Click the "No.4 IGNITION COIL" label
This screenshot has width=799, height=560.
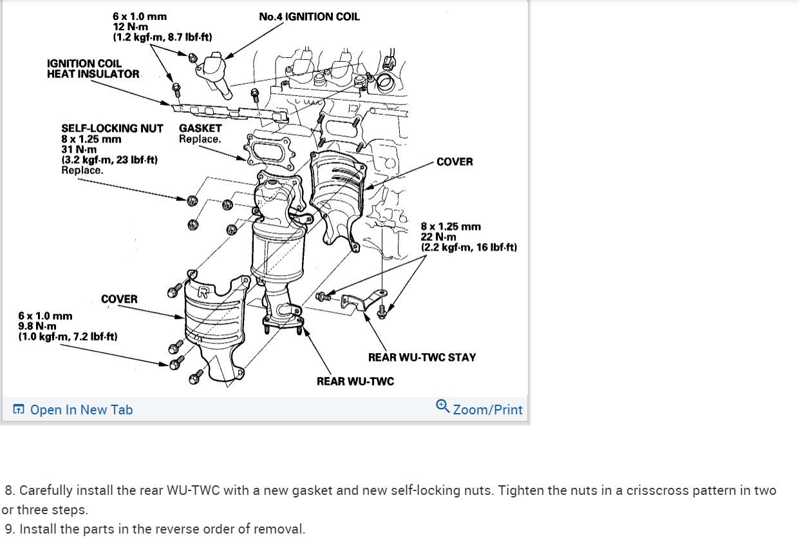(x=309, y=17)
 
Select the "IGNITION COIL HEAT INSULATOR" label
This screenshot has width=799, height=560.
(x=93, y=68)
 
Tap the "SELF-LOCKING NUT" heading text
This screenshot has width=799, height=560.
(x=112, y=128)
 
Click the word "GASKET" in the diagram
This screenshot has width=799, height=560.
(x=200, y=128)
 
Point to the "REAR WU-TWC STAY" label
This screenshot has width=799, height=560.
(x=422, y=357)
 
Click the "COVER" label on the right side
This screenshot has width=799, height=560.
(x=454, y=162)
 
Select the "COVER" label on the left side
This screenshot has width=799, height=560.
(x=119, y=299)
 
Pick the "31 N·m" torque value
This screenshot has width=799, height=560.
(x=79, y=150)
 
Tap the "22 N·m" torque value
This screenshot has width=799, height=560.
(x=438, y=237)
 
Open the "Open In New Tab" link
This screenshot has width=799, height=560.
(x=81, y=410)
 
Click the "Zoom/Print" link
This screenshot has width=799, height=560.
(x=487, y=410)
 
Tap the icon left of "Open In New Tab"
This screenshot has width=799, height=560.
(x=19, y=410)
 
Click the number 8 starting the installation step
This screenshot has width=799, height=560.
(x=9, y=490)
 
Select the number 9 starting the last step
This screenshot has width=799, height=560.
(x=9, y=530)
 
